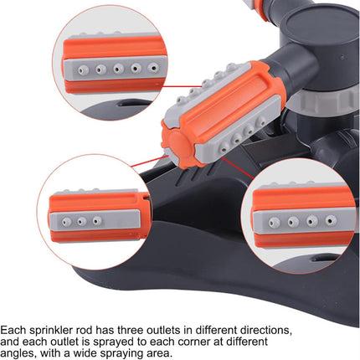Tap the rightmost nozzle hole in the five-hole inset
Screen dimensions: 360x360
click(153, 67)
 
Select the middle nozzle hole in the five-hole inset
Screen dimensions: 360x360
click(118, 68)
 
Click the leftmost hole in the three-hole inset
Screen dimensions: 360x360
click(66, 222)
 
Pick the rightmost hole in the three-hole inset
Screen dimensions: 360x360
click(96, 221)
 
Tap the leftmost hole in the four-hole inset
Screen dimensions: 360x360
click(275, 223)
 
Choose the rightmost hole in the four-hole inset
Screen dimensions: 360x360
click(331, 220)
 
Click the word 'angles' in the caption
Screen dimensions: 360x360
click(18, 354)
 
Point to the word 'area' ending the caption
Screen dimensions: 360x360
click(159, 354)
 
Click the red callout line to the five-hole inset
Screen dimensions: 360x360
click(182, 86)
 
